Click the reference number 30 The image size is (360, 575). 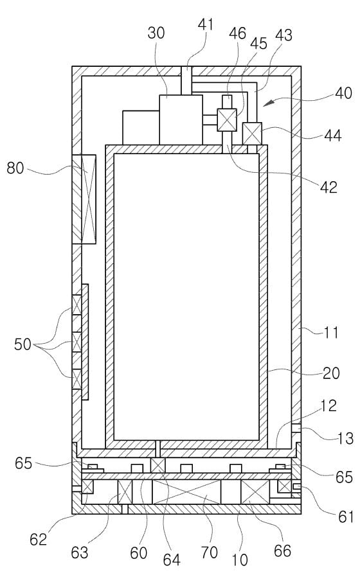point(156,33)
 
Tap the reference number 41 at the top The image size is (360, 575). point(206,24)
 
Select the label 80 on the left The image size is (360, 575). point(15,168)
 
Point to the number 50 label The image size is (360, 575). point(22,344)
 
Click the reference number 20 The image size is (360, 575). point(331,373)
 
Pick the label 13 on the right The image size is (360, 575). point(345,438)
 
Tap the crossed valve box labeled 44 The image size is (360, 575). point(252,134)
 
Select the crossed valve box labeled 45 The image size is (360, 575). point(227,120)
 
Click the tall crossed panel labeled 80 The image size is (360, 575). point(84,199)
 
